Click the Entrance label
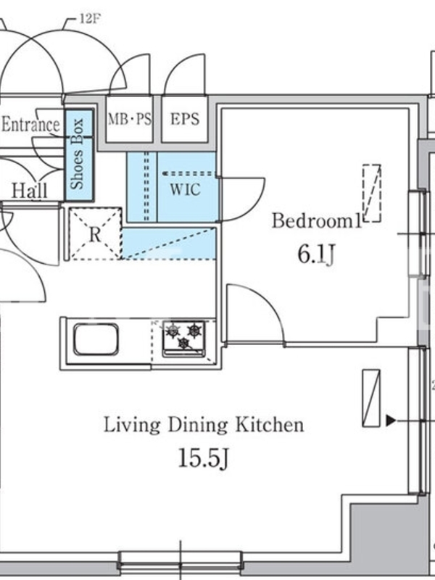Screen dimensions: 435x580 (x=30, y=125)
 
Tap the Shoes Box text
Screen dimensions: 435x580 (x=78, y=154)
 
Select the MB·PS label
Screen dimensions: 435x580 (x=130, y=119)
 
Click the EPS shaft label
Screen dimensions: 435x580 (x=185, y=119)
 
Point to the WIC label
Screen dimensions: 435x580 (x=186, y=189)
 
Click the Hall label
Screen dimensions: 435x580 (x=30, y=191)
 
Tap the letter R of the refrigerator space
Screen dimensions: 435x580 (x=95, y=234)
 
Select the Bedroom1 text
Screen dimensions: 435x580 (x=317, y=221)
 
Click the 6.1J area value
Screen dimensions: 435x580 (x=316, y=255)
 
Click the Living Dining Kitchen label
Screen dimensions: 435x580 (x=204, y=425)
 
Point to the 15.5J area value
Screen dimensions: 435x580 (x=204, y=458)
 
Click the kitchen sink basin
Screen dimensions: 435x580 (x=96, y=339)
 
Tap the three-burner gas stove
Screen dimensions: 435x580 (x=184, y=339)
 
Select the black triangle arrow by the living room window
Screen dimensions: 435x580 (x=391, y=420)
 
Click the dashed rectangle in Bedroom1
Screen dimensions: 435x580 (x=372, y=194)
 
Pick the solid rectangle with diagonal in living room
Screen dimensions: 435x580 (x=371, y=398)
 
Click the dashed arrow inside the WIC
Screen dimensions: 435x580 (x=189, y=173)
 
